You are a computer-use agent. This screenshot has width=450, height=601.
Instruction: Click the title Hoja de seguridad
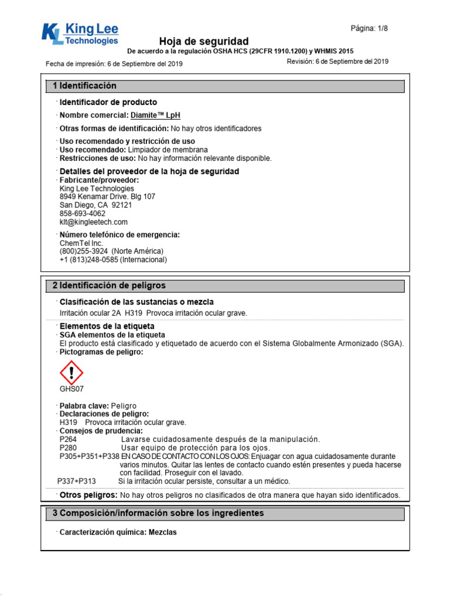(x=204, y=41)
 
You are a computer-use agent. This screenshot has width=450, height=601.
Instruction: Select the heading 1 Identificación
(x=84, y=86)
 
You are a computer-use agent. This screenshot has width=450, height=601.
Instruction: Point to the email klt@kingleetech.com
(x=93, y=222)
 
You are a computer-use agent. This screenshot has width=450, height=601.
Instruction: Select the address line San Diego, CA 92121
(x=96, y=205)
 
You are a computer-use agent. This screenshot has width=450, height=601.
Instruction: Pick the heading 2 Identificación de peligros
(x=109, y=285)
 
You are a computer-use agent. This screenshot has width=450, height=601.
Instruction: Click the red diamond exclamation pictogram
(x=71, y=373)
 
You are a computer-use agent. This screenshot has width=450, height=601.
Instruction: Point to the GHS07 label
(x=71, y=389)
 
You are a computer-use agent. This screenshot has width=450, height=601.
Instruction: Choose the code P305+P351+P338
(x=89, y=456)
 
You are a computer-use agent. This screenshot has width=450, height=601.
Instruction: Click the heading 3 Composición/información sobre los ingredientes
(x=158, y=513)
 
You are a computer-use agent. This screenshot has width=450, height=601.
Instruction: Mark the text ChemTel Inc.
(x=81, y=243)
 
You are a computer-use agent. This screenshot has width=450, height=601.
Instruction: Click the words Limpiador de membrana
(x=166, y=150)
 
